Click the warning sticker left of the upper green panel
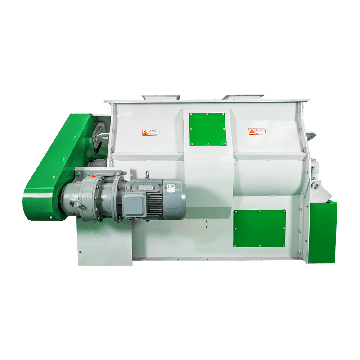[x=151, y=132]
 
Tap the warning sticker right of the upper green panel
[x=257, y=131]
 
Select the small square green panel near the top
[x=207, y=129]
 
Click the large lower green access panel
[x=259, y=228]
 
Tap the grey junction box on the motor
[x=134, y=203]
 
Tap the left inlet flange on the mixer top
[x=161, y=97]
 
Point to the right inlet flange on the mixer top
[x=243, y=97]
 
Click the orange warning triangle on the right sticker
[x=252, y=131]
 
